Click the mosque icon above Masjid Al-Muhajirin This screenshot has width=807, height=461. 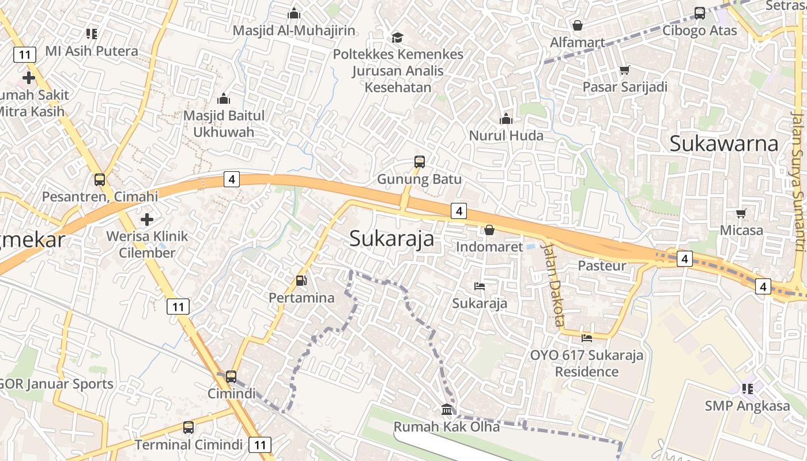[294, 13]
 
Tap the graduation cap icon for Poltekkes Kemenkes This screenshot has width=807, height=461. [398, 38]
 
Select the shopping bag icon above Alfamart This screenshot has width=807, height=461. [577, 25]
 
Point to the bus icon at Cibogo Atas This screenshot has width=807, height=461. [700, 13]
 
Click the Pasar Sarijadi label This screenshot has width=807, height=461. [625, 87]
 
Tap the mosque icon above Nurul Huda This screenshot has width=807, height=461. [506, 119]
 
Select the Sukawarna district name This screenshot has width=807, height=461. [724, 143]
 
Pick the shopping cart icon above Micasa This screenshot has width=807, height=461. [741, 214]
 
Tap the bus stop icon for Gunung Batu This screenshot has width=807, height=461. [420, 162]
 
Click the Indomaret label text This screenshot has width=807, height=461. [489, 247]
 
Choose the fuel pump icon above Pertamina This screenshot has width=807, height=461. [301, 281]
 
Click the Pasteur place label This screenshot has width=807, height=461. [602, 266]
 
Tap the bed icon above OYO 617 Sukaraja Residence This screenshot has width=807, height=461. [587, 338]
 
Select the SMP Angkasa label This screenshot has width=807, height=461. [747, 406]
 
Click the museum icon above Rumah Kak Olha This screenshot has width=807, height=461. [447, 410]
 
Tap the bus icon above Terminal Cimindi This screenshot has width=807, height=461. [188, 428]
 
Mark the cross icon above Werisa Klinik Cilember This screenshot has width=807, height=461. [147, 220]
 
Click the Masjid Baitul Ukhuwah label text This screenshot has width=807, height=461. [224, 124]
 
